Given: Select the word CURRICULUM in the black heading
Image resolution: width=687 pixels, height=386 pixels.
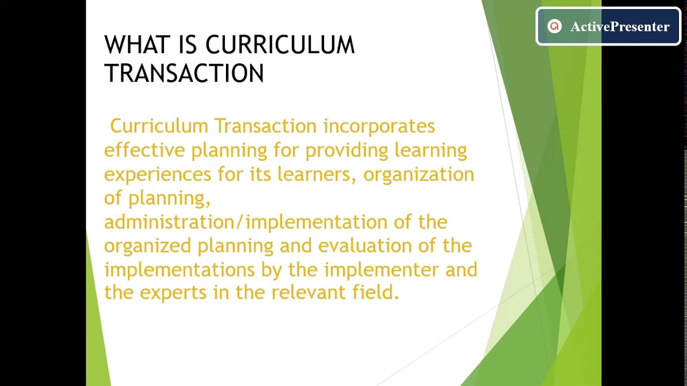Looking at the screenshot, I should click(280, 46).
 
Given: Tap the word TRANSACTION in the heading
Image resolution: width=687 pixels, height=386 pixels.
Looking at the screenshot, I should click(184, 73).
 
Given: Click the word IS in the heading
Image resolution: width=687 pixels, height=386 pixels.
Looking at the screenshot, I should click(188, 46).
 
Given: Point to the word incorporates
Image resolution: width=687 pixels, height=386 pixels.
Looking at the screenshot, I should click(378, 127).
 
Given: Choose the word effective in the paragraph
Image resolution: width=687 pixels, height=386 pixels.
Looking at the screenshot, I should click(144, 150).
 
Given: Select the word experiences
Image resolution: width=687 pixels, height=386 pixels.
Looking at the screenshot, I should click(157, 175).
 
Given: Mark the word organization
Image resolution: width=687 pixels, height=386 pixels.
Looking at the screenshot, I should click(419, 174).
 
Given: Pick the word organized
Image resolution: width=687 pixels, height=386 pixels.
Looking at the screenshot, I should click(147, 246).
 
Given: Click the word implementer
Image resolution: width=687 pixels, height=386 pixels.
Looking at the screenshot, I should click(382, 270).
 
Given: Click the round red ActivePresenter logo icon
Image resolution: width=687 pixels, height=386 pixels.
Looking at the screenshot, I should click(554, 26).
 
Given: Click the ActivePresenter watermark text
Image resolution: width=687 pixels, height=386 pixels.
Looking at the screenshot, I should click(619, 27).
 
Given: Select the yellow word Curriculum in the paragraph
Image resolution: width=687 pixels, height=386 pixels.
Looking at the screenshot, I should click(159, 127).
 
